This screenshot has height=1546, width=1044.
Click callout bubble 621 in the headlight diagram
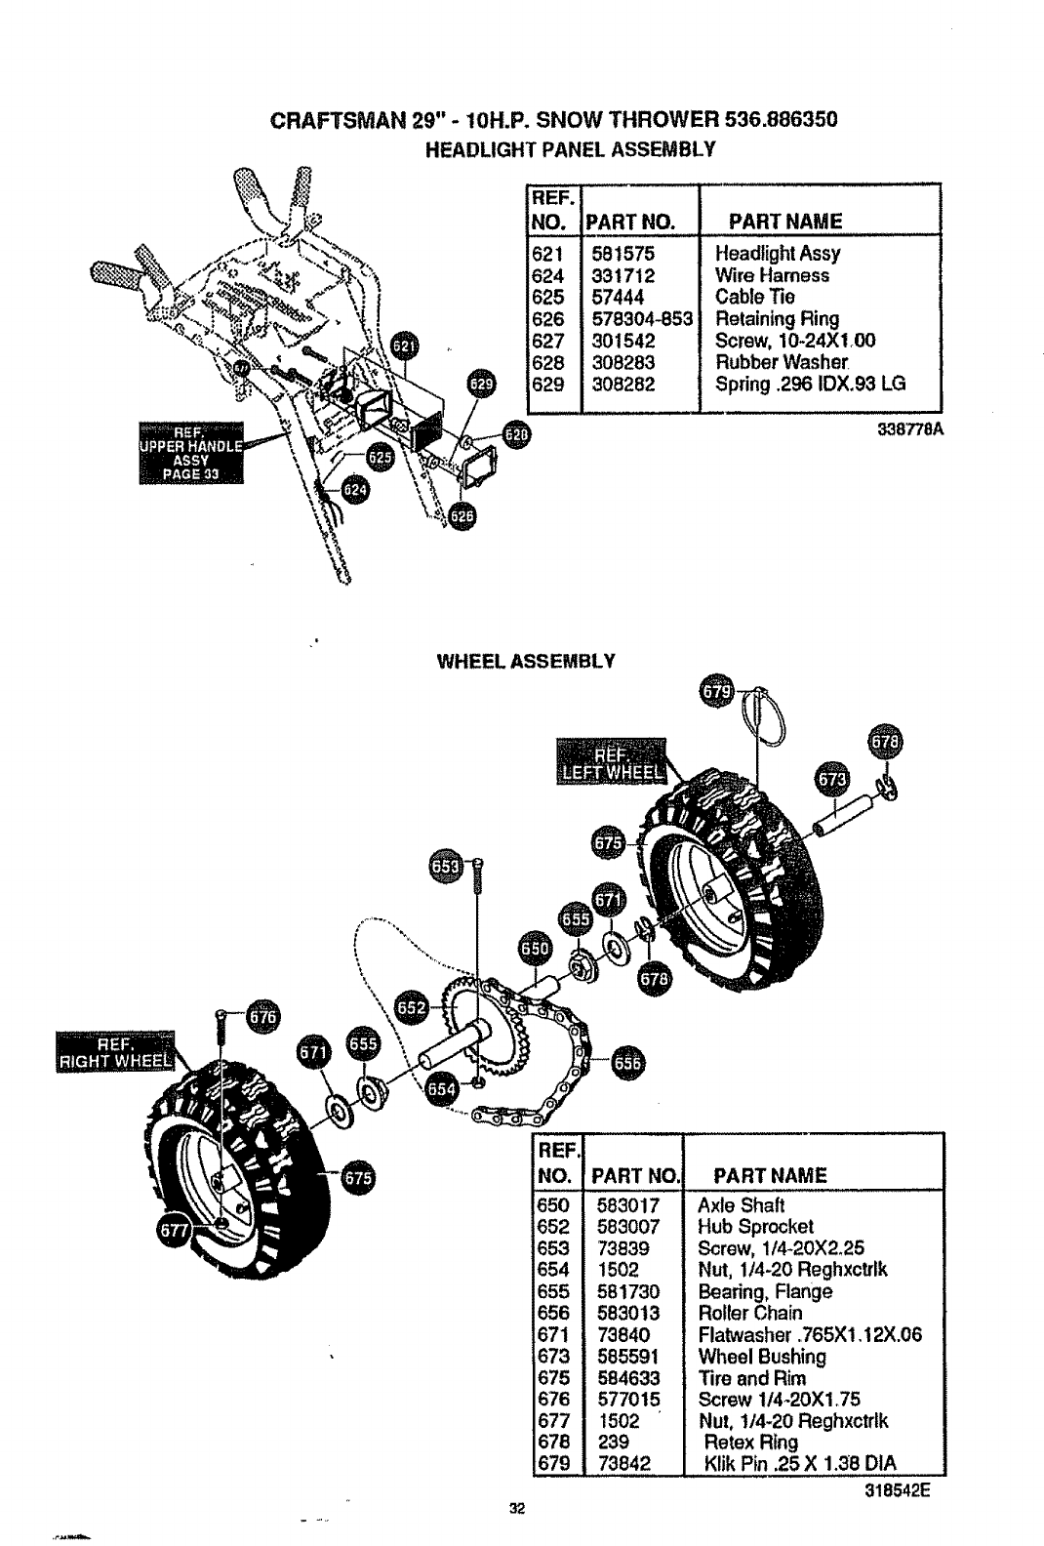coord(404,346)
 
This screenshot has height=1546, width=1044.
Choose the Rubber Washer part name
coord(772,362)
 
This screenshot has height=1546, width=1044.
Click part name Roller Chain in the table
coord(750,1313)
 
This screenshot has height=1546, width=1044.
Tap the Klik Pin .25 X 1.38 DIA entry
coord(798,1463)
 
